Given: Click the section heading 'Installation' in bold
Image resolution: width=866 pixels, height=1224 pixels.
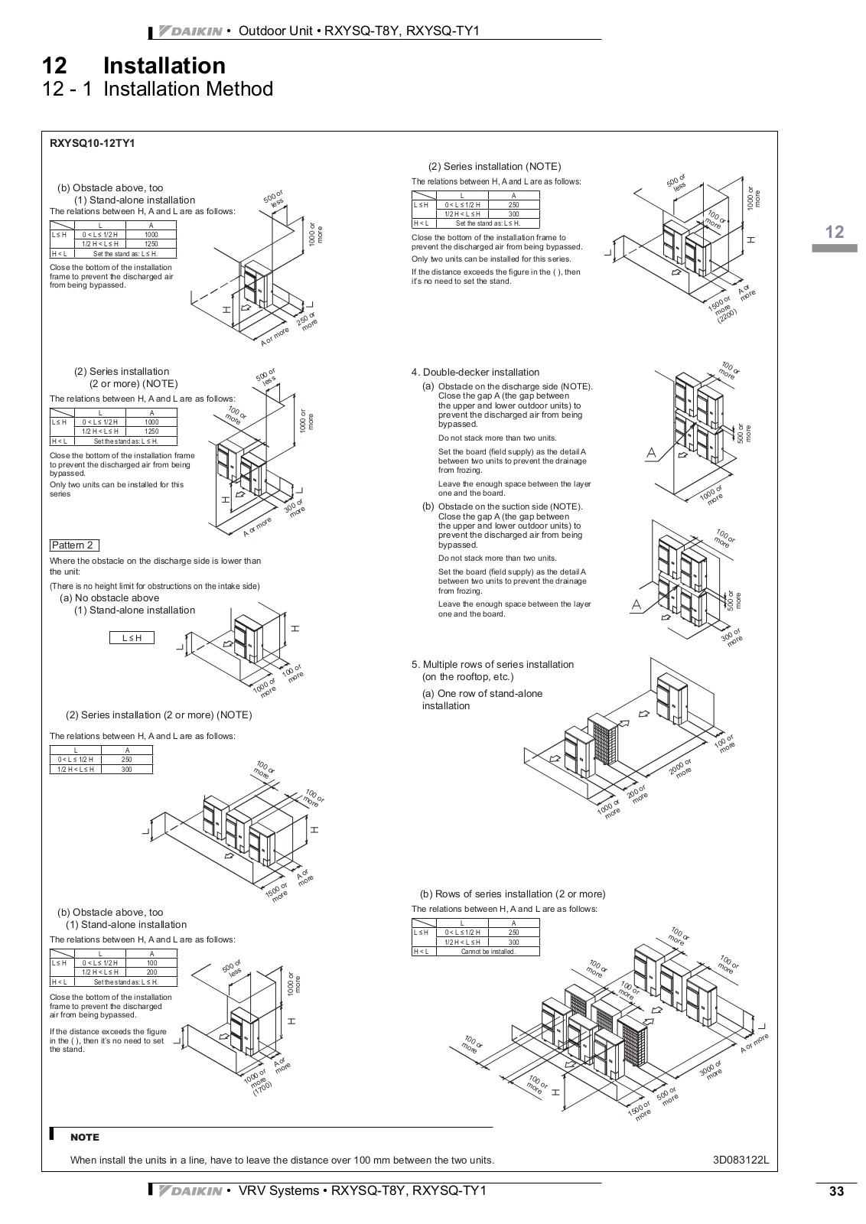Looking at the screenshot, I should [164, 66].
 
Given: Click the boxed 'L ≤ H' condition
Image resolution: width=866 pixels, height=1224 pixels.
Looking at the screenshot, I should [132, 638].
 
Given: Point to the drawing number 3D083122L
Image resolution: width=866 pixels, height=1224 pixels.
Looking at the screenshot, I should [740, 1160].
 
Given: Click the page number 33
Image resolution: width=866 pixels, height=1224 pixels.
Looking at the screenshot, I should [835, 1192].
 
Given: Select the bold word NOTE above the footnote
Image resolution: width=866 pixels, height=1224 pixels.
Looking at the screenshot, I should [84, 1138].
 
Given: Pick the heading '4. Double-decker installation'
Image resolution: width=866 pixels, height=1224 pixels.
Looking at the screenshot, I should [475, 373].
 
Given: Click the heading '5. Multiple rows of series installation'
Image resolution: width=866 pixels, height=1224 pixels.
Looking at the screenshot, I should [492, 665].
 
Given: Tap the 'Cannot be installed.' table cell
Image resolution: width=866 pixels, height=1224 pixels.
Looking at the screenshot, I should [487, 952].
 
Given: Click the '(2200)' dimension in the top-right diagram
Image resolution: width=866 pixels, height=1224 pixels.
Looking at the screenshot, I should [728, 317].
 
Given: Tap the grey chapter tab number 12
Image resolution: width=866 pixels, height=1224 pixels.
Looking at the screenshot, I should [835, 232].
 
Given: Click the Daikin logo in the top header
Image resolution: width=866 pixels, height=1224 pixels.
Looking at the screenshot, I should [190, 31].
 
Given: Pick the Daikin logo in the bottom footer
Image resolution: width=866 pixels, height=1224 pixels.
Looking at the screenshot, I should [190, 1191].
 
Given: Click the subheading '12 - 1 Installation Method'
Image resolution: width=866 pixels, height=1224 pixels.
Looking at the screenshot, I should [158, 90].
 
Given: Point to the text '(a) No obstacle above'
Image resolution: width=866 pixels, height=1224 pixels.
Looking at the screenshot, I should [109, 598].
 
